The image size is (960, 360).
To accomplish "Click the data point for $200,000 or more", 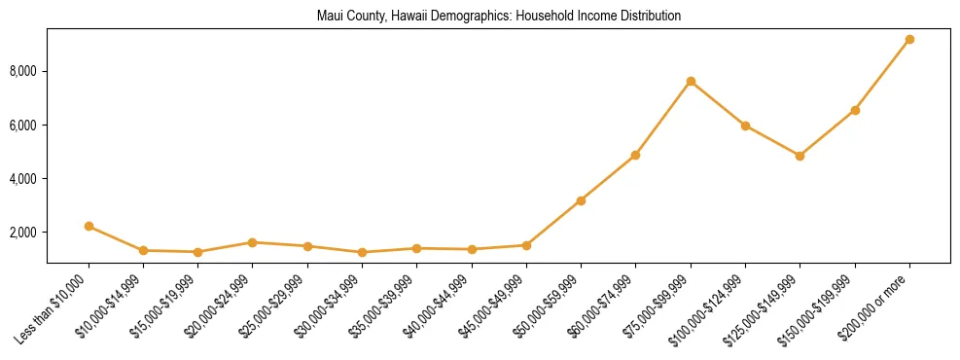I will pos(909,39).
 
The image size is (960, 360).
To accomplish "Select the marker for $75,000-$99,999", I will pos(691,81).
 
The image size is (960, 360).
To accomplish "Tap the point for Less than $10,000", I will pos(89,226).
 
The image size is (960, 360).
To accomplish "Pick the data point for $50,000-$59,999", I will pos(581,200).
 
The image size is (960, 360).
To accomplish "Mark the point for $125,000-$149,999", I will pos(800,156).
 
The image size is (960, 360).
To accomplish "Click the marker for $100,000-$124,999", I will pos(745,126).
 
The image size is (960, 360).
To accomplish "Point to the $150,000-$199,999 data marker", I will pos(855,110).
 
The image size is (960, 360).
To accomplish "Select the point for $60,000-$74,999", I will pos(635,155).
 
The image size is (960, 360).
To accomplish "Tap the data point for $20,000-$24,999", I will pos(252,242).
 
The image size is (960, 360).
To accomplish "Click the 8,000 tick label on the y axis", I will pos(24,72).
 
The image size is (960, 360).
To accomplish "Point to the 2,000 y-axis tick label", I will pos(24,233).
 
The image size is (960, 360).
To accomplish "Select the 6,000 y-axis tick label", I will pos(24,126).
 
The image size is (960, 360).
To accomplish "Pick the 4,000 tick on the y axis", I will pos(24,179).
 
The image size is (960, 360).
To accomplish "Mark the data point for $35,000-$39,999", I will pos(416,248).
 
